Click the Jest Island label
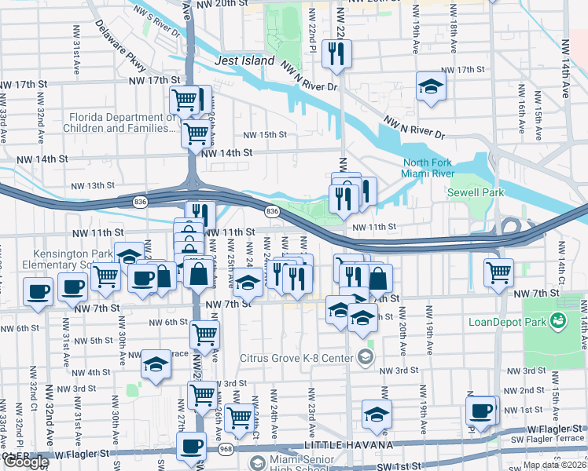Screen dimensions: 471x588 (244, 60)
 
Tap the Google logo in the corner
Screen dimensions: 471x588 (25, 462)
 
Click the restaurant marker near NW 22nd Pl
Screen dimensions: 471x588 (336, 54)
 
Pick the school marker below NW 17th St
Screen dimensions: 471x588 (430, 88)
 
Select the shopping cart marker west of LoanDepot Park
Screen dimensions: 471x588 (498, 273)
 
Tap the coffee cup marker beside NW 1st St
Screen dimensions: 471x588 (480, 410)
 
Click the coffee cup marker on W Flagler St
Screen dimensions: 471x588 (189, 447)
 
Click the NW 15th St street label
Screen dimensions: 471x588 (265, 134)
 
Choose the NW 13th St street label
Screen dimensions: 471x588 (93, 186)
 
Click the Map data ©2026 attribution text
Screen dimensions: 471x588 (554, 465)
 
